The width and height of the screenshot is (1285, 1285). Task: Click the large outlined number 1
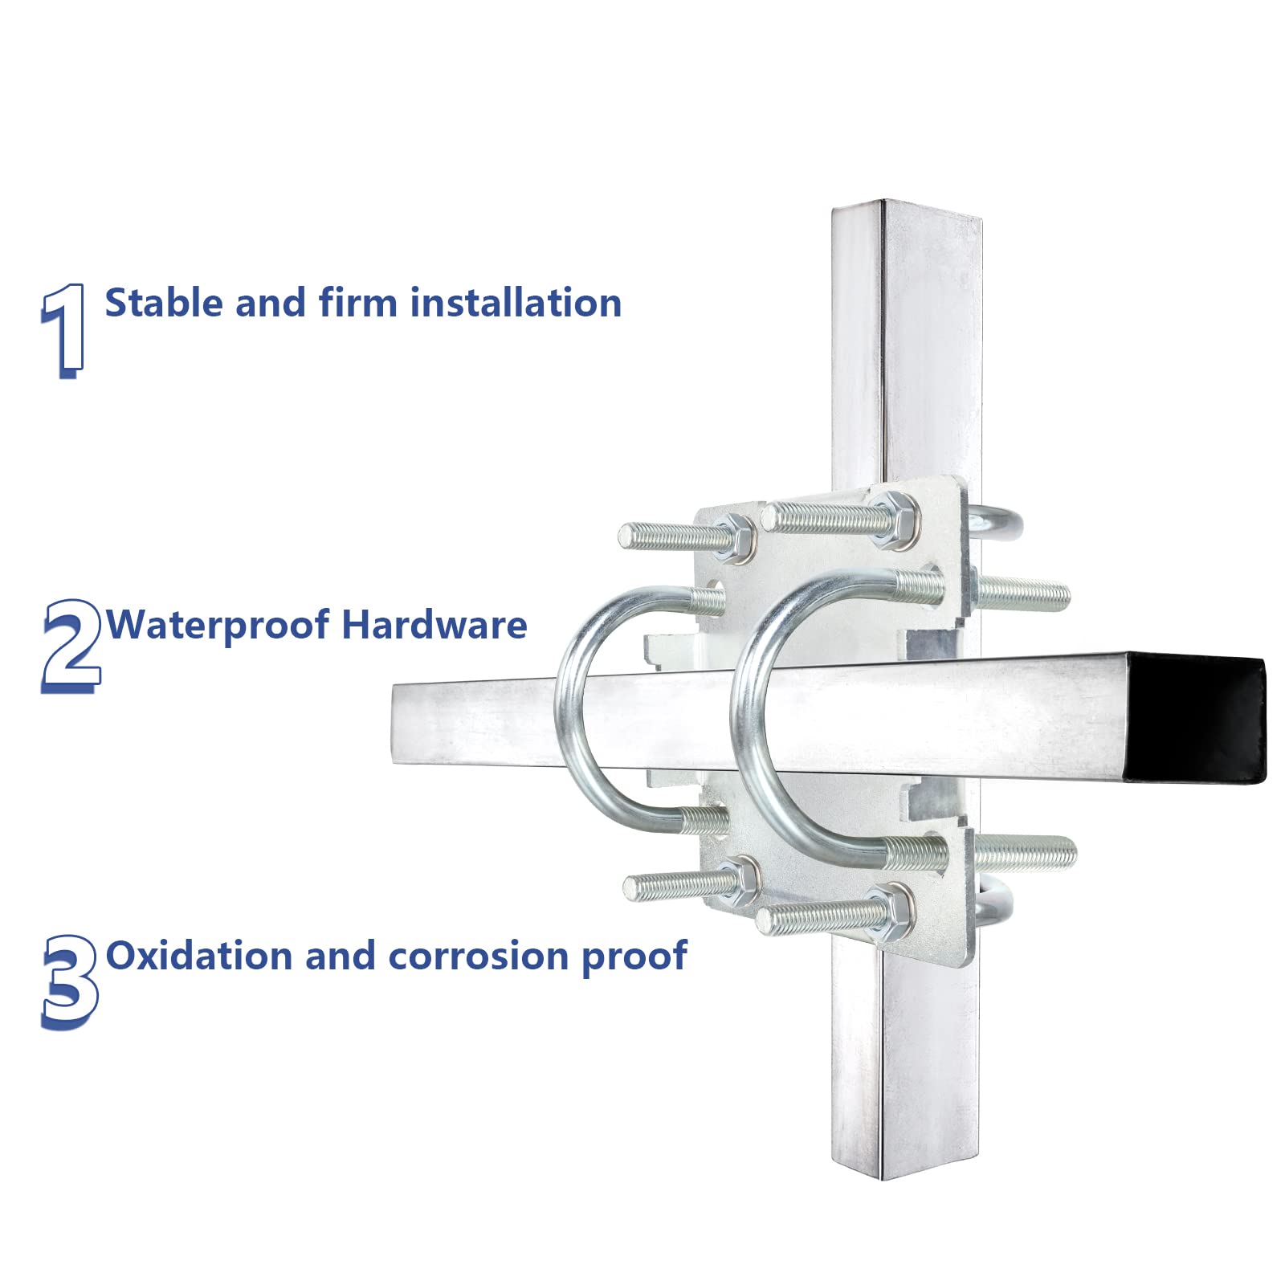[x=63, y=330]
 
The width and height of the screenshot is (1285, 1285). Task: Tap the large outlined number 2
[x=71, y=646]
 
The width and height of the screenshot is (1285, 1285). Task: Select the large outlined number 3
[x=70, y=982]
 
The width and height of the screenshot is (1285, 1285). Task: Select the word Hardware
[x=434, y=625]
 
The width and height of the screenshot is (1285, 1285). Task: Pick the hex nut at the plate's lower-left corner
[x=737, y=879]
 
